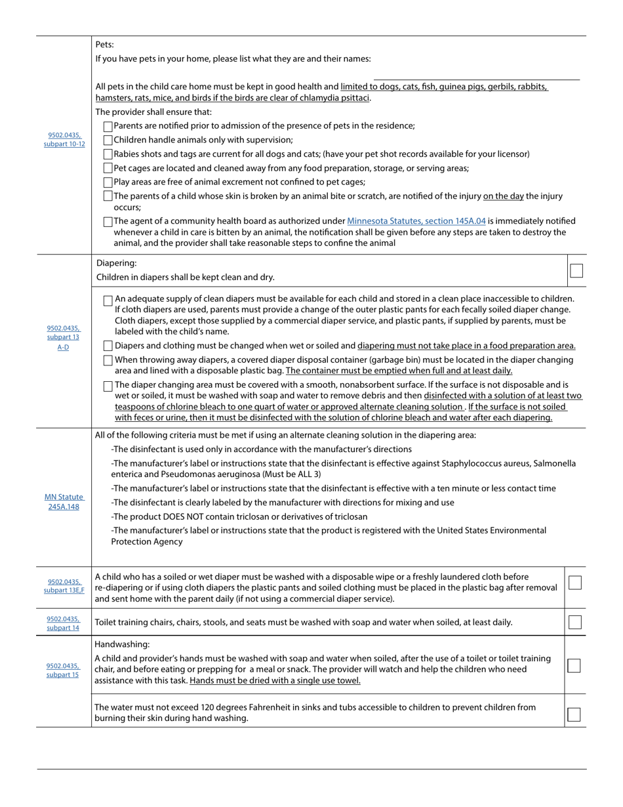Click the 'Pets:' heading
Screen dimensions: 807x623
[x=105, y=45]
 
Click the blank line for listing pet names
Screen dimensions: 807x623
[x=476, y=76]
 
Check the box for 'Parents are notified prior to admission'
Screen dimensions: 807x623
[x=108, y=126]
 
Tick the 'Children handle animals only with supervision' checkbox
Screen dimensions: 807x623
[x=108, y=140]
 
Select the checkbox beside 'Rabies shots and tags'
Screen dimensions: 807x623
[x=108, y=154]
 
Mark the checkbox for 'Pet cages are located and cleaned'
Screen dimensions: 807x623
[x=108, y=169]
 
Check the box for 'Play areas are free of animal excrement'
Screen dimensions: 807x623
[x=108, y=182]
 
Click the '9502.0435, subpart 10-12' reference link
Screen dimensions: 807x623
[x=64, y=140]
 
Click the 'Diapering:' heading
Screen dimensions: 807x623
[x=117, y=263]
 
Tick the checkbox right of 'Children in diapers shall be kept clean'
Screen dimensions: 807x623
[x=576, y=270]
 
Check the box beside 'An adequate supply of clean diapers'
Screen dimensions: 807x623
[x=108, y=300]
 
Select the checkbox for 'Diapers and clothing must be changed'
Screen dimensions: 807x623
[x=108, y=346]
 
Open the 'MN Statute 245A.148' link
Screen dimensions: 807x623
[x=64, y=502]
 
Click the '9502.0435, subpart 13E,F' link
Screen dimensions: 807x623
[x=64, y=586]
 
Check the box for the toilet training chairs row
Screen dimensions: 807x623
[x=575, y=623]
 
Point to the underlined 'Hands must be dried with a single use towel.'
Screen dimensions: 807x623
[x=275, y=680]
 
